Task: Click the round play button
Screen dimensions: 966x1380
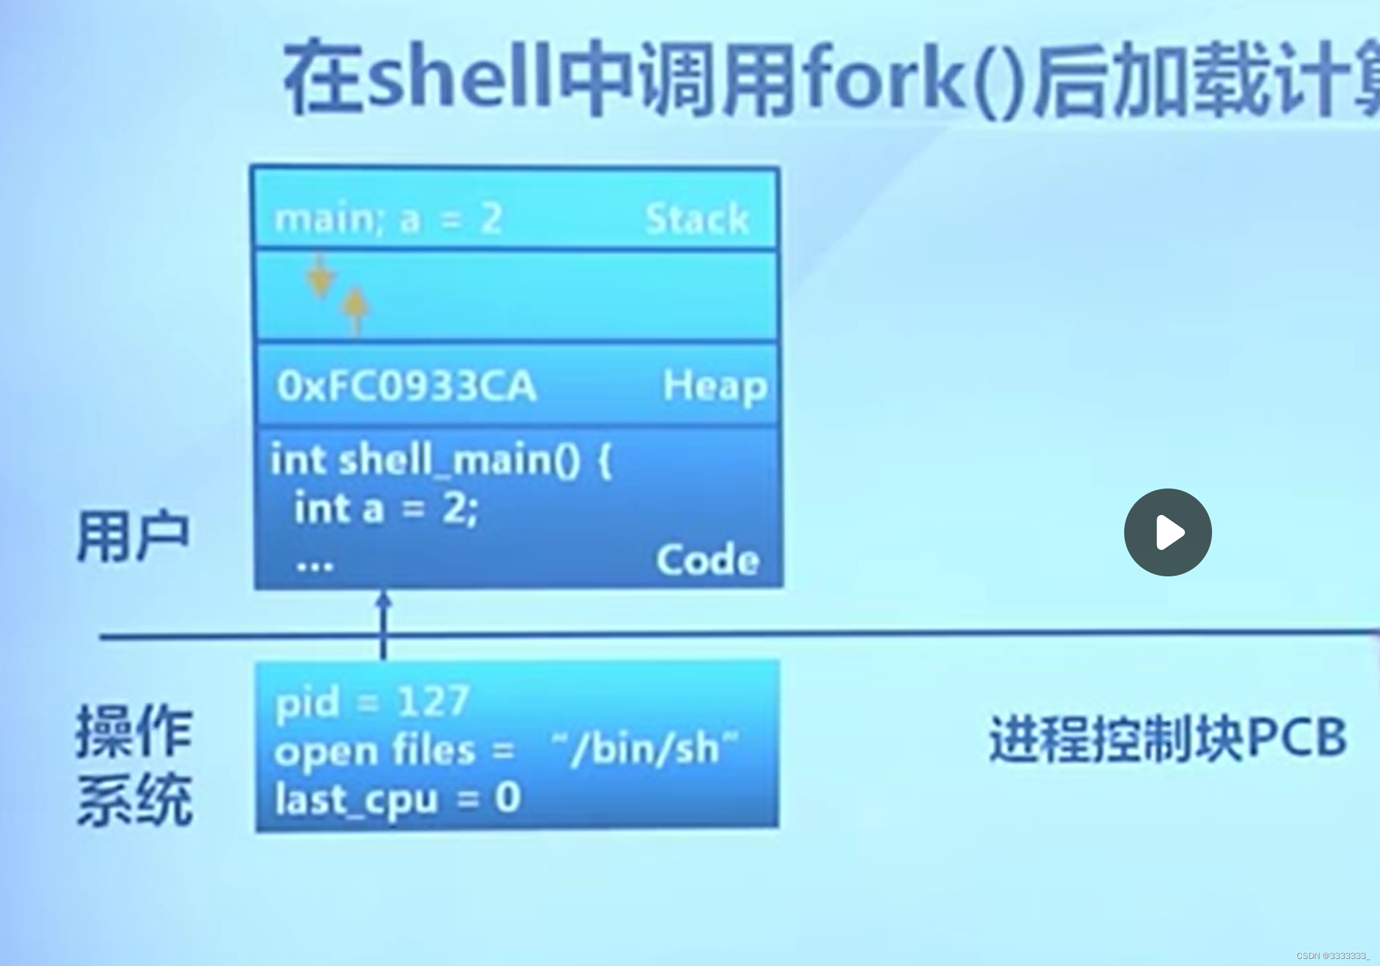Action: point(1167,532)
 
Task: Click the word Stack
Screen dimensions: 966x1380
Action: point(697,218)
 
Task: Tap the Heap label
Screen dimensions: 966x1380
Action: point(715,386)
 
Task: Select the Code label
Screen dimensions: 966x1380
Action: point(707,560)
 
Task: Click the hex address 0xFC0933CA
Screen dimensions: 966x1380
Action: point(406,386)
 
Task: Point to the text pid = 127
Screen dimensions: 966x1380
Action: point(371,702)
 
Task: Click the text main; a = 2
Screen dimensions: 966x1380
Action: point(388,219)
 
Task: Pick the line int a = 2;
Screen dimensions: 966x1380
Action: point(386,509)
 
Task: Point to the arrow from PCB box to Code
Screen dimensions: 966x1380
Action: point(384,624)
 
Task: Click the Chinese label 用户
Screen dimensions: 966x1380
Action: point(133,536)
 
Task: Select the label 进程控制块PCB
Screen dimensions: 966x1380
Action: point(1167,737)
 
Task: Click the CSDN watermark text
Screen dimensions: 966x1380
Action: point(1332,955)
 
